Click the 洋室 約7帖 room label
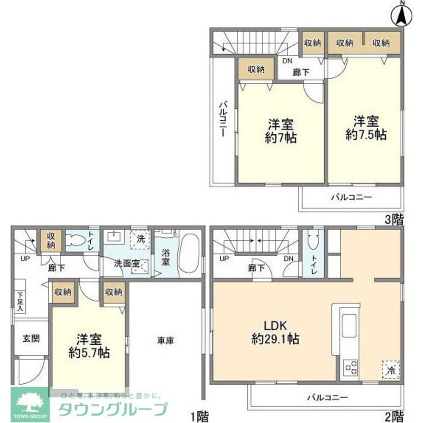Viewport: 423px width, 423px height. (x=280, y=131)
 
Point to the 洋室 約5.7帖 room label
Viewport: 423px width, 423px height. (x=89, y=346)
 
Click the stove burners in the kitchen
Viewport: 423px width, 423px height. (x=351, y=366)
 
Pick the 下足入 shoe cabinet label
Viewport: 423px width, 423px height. (x=19, y=301)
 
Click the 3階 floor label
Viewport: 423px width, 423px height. (x=393, y=219)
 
